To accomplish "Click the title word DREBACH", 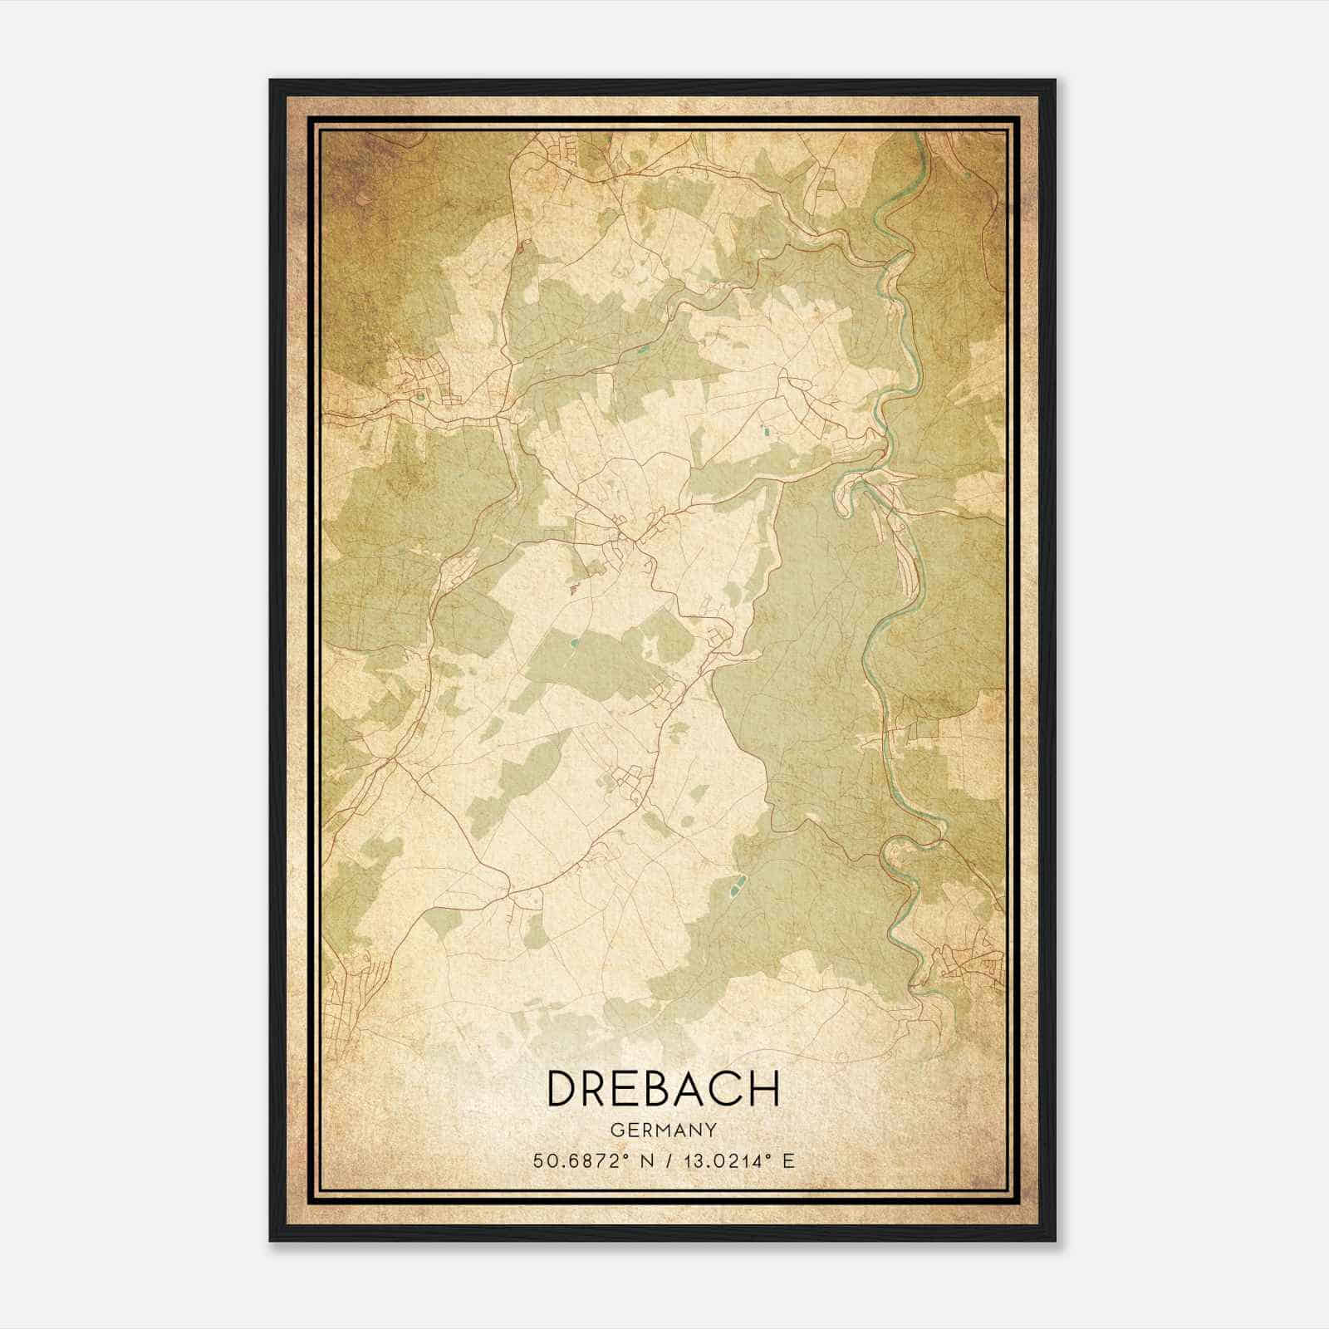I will click(664, 1088).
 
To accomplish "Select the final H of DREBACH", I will click(765, 1088).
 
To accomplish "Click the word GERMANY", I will click(664, 1130).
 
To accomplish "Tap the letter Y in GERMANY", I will click(711, 1130).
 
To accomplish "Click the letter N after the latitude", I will click(640, 1160).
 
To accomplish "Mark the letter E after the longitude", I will click(788, 1160).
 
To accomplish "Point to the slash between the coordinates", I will click(664, 1160).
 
